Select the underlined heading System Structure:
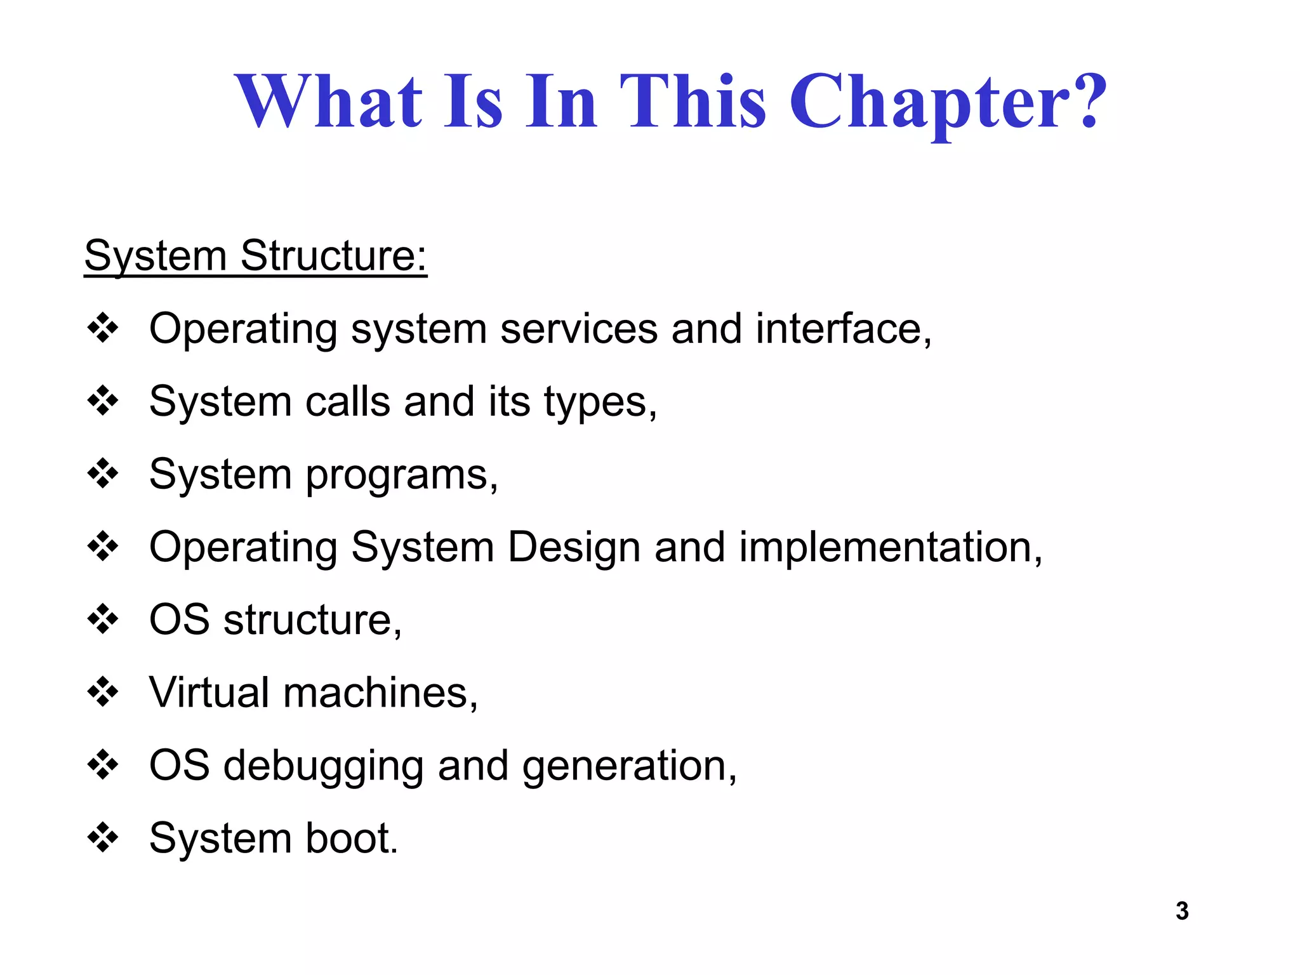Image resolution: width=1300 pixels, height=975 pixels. click(x=256, y=256)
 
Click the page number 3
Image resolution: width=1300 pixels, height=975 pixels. click(x=1182, y=911)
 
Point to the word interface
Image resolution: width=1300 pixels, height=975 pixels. click(x=842, y=329)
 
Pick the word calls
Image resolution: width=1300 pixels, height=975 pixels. click(x=347, y=402)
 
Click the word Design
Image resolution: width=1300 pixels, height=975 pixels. click(x=573, y=548)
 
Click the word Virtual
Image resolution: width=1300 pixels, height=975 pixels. click(x=209, y=692)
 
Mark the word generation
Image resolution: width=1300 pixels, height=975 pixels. click(x=628, y=766)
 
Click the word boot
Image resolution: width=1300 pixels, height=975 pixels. click(x=350, y=838)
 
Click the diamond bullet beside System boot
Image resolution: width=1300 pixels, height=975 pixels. click(x=103, y=837)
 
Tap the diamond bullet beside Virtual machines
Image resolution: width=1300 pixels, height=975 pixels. click(x=103, y=692)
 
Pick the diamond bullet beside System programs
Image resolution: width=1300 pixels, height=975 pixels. click(x=103, y=474)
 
